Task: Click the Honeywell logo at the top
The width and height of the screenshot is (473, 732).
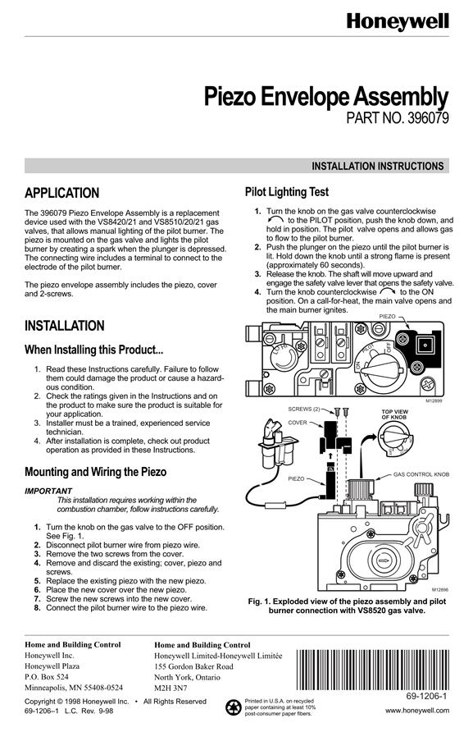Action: tap(398, 22)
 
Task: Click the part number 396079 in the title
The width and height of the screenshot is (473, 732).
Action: tap(428, 117)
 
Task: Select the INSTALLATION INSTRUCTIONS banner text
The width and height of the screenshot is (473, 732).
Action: tap(378, 167)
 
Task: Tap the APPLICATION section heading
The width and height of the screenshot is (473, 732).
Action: tap(62, 193)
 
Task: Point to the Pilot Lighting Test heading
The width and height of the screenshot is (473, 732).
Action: tap(287, 192)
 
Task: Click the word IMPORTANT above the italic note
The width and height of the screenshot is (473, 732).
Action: tap(48, 491)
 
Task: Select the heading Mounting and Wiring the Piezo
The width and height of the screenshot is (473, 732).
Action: tap(96, 472)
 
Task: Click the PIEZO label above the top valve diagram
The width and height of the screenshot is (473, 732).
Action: tap(387, 317)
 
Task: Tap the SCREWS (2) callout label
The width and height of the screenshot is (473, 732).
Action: tap(304, 409)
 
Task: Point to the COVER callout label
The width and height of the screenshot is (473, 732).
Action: tap(298, 423)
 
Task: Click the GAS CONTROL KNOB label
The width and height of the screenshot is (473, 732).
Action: tap(421, 474)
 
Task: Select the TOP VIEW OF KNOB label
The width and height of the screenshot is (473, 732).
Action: tap(394, 414)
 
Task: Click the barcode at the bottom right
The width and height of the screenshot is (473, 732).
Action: tap(372, 670)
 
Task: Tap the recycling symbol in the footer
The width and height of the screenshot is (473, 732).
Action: tap(234, 707)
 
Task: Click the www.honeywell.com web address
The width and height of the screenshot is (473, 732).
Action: tap(417, 711)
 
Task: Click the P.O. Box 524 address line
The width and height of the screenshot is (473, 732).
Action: tap(47, 676)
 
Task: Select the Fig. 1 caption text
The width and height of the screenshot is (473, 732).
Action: tap(347, 606)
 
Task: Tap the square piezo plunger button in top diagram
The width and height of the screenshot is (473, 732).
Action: tap(424, 345)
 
